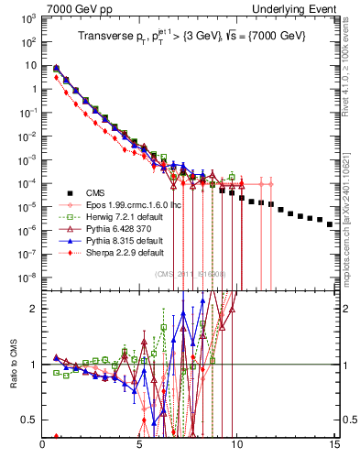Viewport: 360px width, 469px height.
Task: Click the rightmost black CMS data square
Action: click(x=330, y=248)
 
